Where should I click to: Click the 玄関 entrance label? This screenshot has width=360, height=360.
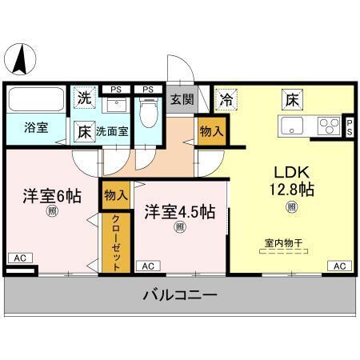(x=182, y=100)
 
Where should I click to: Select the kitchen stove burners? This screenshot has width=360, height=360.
(x=327, y=125)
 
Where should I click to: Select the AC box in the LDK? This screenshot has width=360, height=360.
(x=338, y=266)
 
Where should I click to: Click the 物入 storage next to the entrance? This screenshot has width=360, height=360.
(x=210, y=130)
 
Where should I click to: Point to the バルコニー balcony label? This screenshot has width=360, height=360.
(x=179, y=296)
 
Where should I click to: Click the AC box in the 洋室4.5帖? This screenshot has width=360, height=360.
(x=147, y=266)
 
